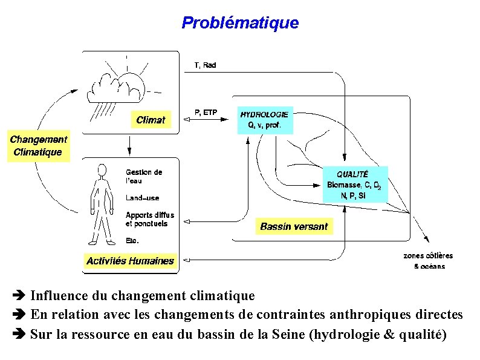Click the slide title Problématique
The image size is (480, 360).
[240, 23]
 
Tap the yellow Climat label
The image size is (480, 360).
[151, 120]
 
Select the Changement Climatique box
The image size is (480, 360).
[38, 146]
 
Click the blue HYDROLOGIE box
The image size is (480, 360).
[264, 121]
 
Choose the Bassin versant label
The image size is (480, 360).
[294, 227]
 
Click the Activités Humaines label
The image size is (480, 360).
[130, 261]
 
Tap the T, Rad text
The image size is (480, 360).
[205, 65]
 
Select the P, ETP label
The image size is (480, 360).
[205, 112]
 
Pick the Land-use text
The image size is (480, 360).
[143, 198]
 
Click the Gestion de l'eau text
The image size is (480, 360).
[143, 176]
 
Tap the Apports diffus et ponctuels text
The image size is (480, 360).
[149, 219]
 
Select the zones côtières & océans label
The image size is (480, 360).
[428, 261]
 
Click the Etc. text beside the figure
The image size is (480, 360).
[132, 240]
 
